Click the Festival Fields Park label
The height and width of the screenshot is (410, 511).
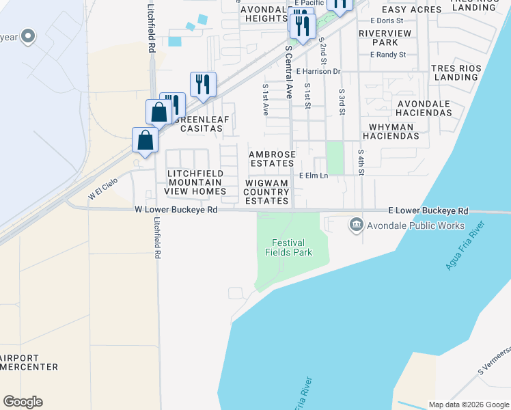(288, 247)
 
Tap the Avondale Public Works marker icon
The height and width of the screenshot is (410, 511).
(356, 225)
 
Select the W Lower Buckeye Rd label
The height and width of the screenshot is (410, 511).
(176, 210)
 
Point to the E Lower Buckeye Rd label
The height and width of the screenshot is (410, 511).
(428, 211)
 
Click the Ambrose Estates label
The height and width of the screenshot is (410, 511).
(273, 159)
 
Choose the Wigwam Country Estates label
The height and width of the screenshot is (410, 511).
(267, 192)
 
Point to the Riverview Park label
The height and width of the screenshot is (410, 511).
(385, 38)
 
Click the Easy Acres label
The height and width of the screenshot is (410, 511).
(411, 10)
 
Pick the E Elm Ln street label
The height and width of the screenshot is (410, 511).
(314, 176)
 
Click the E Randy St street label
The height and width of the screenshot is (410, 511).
(388, 55)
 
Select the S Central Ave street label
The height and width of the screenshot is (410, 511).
(289, 73)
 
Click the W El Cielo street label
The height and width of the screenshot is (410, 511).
(102, 189)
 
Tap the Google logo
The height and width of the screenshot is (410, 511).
(23, 402)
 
